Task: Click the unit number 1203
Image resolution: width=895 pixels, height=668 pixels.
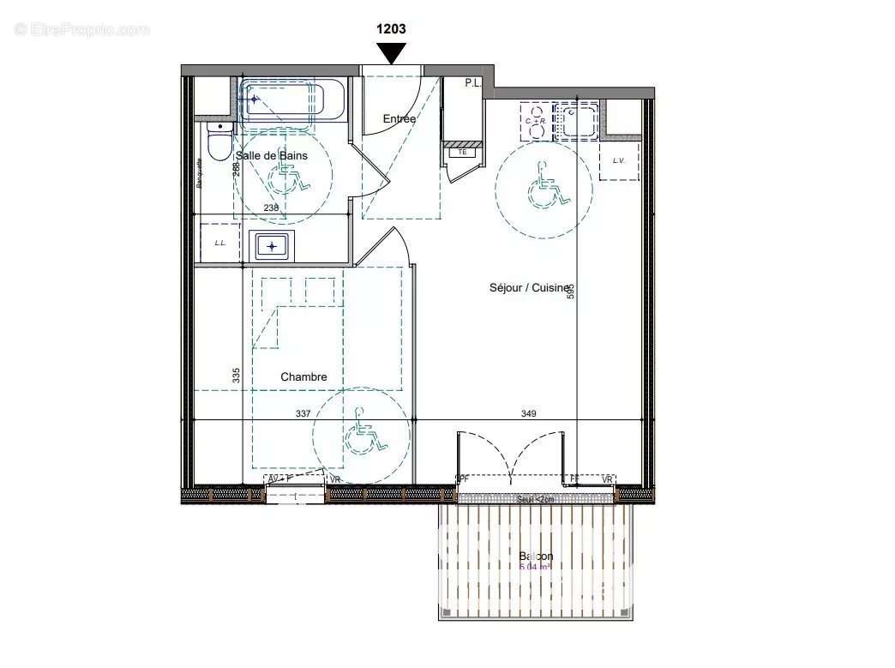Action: tap(391, 28)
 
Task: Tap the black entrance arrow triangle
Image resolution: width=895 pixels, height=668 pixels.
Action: tap(392, 53)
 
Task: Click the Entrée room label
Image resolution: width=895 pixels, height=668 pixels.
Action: tap(399, 119)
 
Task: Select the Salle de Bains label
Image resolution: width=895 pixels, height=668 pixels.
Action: tap(271, 156)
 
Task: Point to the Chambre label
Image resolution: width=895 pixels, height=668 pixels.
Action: tap(303, 377)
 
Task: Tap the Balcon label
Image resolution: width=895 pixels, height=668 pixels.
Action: tap(536, 557)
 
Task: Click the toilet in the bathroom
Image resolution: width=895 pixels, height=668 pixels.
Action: tap(220, 141)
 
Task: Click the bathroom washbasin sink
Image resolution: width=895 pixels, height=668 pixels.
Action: tap(272, 246)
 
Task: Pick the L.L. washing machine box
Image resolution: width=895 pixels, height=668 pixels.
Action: tap(220, 244)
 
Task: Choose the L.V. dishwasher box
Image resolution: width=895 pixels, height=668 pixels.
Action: tap(618, 161)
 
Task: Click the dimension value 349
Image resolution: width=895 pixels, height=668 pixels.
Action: tap(528, 414)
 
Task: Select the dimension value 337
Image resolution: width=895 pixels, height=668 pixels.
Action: tap(303, 414)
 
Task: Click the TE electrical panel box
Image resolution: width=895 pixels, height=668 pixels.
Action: tap(463, 153)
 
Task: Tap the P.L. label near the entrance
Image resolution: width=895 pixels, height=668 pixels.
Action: tap(472, 83)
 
